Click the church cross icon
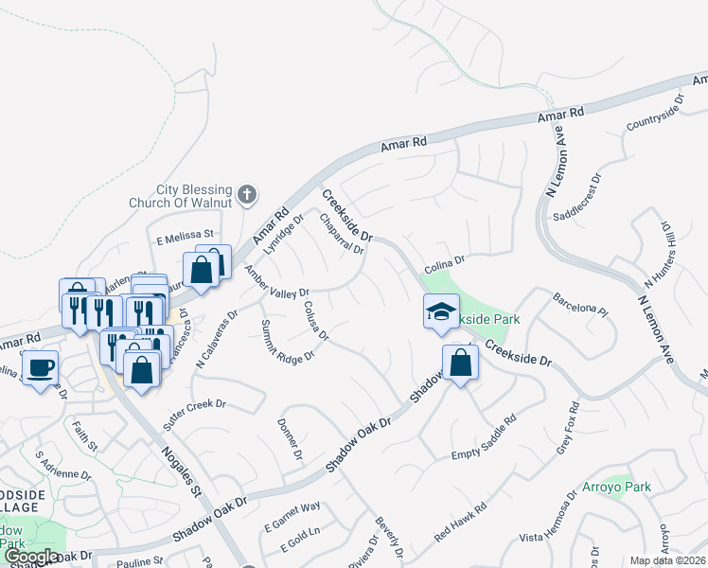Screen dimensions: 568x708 point(246,195)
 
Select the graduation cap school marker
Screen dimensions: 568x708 point(441,311)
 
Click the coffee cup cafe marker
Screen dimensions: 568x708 point(40,366)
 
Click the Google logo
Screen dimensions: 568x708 point(30,558)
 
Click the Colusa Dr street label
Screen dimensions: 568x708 point(316,321)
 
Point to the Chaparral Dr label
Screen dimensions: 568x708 point(342,233)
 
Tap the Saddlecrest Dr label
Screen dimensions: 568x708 point(577,197)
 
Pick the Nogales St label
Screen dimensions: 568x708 point(183,473)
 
